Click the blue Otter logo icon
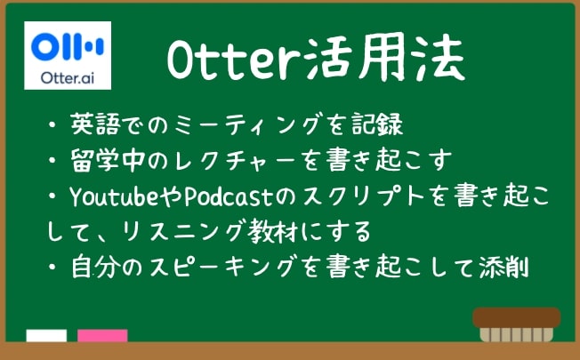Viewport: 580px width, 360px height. click(x=68, y=46)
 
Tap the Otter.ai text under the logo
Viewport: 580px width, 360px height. click(x=68, y=78)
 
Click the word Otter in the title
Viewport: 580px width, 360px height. click(x=235, y=60)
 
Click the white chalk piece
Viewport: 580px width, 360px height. click(x=46, y=335)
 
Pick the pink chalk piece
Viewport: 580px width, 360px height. click(x=102, y=335)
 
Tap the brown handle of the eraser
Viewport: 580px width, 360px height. click(x=516, y=318)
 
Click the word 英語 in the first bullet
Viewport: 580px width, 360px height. click(x=95, y=124)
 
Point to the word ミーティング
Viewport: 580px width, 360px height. click(x=246, y=124)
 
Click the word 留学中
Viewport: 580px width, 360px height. click(x=108, y=160)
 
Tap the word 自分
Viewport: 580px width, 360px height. click(x=95, y=267)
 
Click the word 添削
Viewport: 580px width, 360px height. click(x=503, y=267)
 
